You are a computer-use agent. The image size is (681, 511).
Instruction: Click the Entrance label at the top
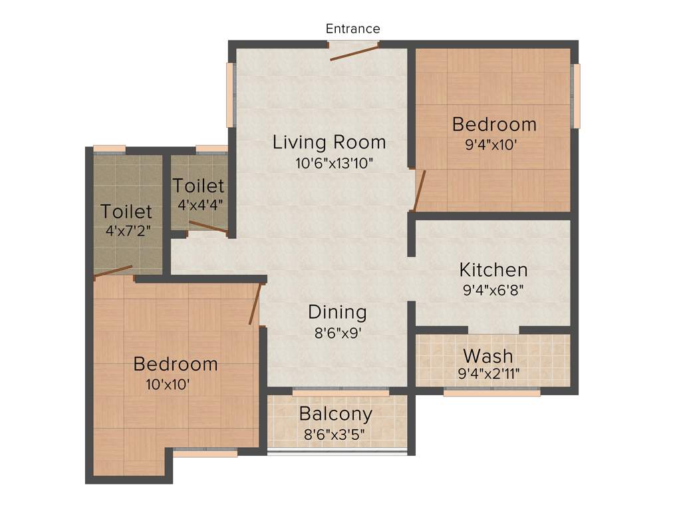click(x=352, y=29)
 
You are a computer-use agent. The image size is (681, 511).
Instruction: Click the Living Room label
click(x=329, y=142)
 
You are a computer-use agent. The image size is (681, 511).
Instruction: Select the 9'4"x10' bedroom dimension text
click(x=493, y=145)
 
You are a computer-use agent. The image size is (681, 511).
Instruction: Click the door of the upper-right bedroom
click(x=419, y=190)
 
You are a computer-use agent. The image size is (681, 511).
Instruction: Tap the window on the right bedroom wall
click(x=577, y=96)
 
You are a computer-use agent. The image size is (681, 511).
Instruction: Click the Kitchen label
click(x=493, y=270)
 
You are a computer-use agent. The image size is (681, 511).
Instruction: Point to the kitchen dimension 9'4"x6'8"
click(x=493, y=290)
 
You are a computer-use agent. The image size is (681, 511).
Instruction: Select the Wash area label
click(x=487, y=354)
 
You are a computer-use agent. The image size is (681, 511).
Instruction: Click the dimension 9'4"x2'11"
click(x=489, y=373)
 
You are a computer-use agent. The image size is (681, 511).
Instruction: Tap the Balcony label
click(x=335, y=414)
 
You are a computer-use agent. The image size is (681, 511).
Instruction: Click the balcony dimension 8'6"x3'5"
click(x=335, y=434)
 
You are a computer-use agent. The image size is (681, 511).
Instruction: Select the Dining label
click(x=337, y=312)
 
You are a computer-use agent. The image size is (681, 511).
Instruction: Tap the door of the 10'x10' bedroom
click(x=254, y=304)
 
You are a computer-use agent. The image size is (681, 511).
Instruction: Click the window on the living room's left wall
click(x=231, y=94)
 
